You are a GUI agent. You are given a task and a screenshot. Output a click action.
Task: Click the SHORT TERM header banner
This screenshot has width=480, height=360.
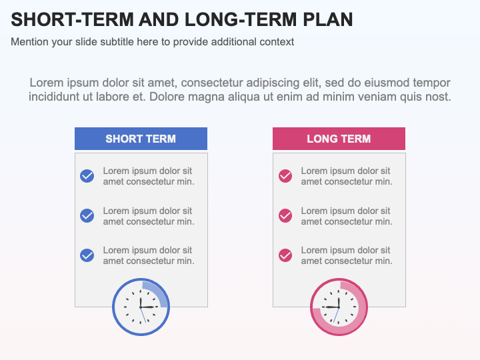(x=141, y=139)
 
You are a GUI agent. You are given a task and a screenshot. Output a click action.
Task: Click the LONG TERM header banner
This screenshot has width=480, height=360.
(x=339, y=139)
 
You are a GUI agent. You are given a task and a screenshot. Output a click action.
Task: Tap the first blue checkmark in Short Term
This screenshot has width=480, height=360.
(x=87, y=176)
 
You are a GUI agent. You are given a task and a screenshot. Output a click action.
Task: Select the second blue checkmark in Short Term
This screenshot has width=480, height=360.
(x=87, y=215)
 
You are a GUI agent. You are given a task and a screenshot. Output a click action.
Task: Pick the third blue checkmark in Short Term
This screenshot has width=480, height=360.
(x=87, y=255)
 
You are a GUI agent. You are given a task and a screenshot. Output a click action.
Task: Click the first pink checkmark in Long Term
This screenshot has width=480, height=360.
(x=285, y=176)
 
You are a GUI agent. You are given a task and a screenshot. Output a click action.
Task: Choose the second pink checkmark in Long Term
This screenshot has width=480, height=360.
(x=285, y=215)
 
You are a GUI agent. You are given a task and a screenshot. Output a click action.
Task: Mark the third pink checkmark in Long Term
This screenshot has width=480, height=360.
(x=285, y=255)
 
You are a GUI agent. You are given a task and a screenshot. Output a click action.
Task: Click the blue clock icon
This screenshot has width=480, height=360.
(x=140, y=307)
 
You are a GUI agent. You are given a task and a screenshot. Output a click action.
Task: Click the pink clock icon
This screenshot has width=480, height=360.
(x=339, y=307)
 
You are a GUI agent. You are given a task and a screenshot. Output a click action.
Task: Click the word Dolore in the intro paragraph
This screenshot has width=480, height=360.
(x=169, y=97)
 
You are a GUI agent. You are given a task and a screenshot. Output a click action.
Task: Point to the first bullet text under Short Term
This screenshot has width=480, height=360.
(x=148, y=176)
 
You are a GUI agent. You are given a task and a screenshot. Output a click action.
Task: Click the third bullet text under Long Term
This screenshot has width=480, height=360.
(x=346, y=255)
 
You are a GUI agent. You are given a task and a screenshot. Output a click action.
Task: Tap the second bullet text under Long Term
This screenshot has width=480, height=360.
(x=346, y=216)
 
